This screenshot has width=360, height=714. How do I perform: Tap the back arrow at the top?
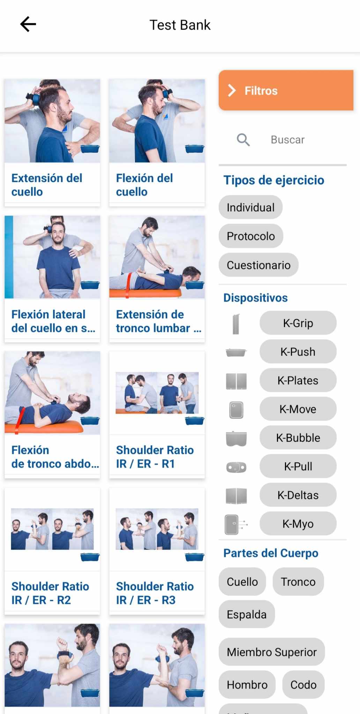[28, 24]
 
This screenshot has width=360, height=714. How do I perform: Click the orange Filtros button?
[286, 90]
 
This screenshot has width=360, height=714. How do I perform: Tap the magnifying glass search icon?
[243, 140]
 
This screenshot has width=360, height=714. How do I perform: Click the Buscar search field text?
[287, 140]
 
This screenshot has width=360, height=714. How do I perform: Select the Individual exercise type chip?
[250, 207]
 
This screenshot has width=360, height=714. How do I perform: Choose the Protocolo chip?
[251, 236]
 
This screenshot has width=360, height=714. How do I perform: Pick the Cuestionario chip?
[258, 265]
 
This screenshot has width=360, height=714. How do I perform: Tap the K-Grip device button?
[298, 323]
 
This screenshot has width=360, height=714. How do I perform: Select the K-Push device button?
[298, 351]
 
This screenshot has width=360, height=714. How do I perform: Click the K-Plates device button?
[298, 380]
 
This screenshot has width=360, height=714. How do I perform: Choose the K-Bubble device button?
[298, 438]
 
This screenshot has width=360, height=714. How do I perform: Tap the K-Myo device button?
[298, 524]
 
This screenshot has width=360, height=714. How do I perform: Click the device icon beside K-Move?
[236, 410]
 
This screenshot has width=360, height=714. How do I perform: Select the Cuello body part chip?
[242, 582]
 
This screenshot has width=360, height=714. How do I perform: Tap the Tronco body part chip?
[298, 582]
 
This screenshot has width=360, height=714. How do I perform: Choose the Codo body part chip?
[303, 685]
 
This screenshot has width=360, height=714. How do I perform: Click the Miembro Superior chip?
[272, 652]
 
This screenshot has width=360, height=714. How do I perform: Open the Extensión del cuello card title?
[47, 185]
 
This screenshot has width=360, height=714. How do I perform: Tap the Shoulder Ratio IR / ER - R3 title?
[155, 593]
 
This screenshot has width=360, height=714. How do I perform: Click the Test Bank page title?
[180, 25]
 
